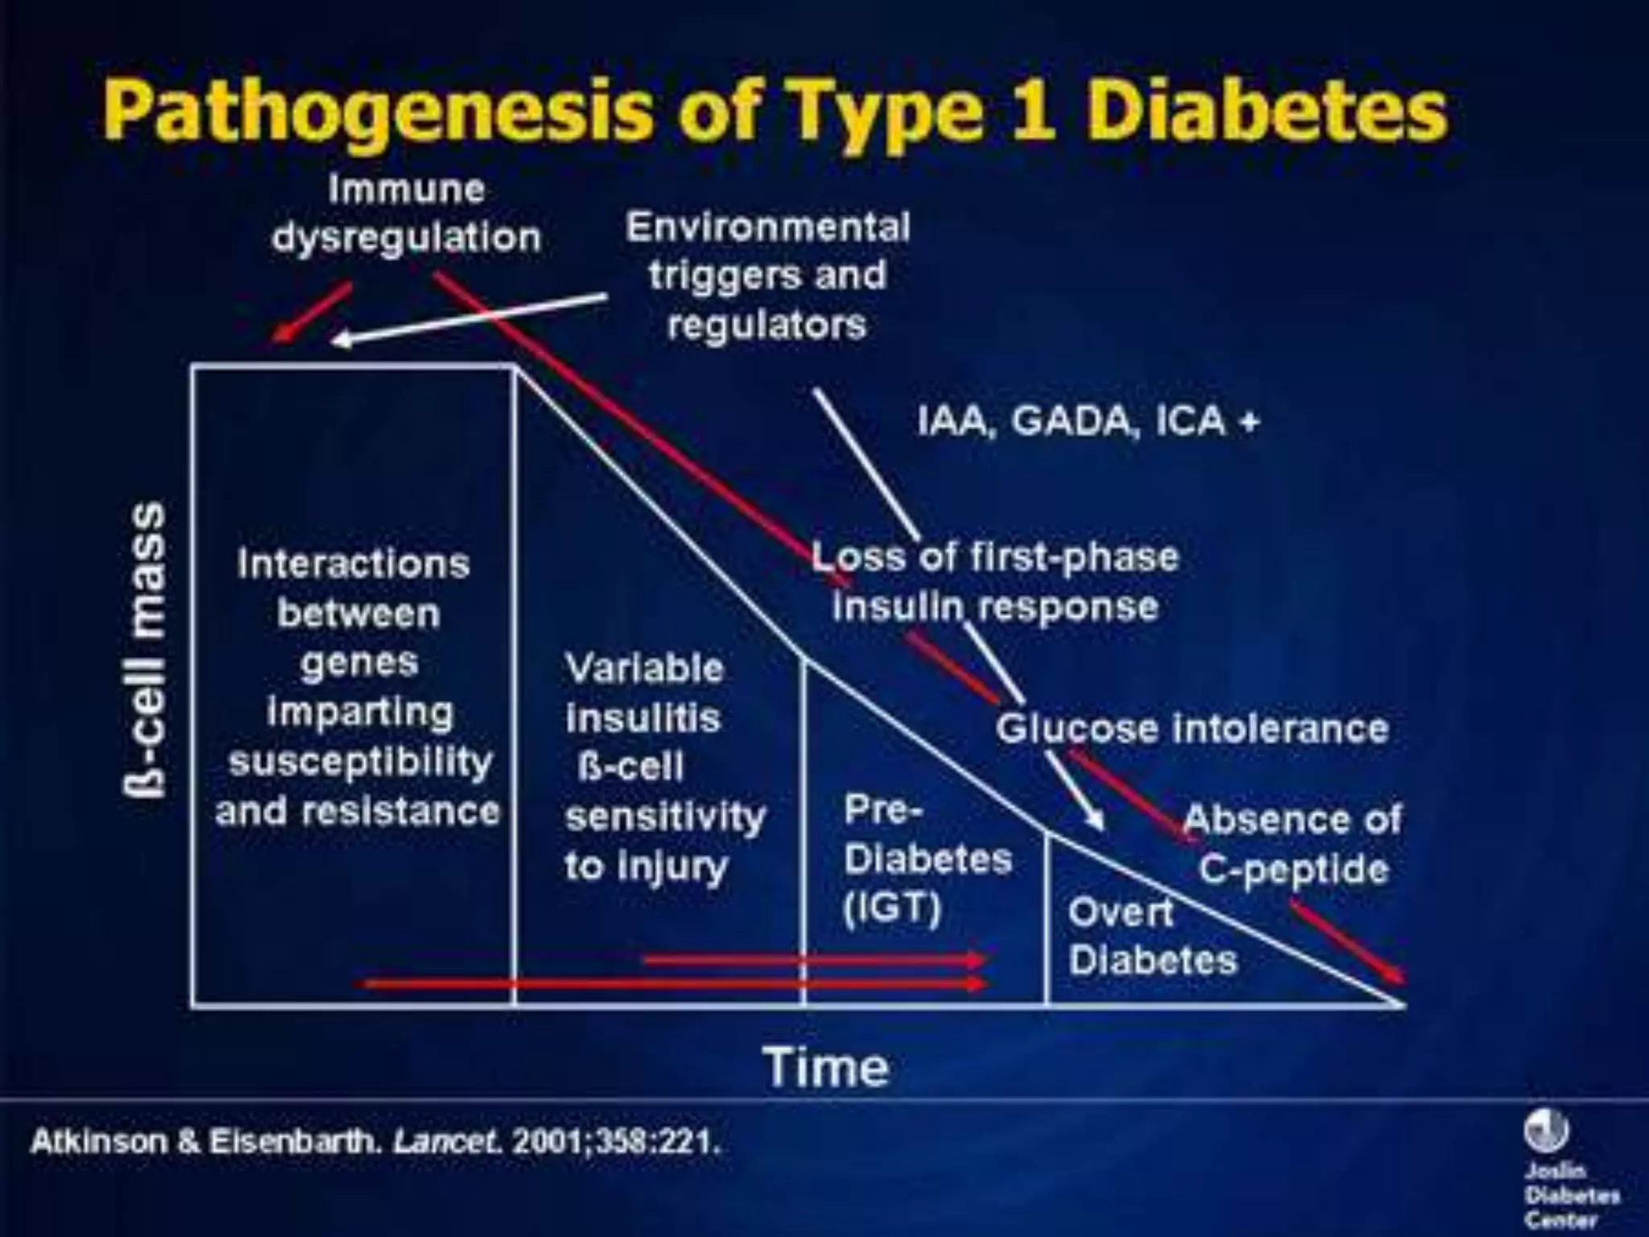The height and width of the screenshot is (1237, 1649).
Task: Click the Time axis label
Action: point(827,1066)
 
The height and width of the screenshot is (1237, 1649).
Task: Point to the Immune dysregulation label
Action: point(407,213)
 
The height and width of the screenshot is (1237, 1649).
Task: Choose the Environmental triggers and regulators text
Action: point(768,275)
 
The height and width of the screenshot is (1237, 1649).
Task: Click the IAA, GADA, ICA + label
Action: point(1088,420)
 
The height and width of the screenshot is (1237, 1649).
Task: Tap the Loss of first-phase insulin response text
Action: point(995,581)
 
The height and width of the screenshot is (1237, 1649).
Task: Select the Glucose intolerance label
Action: point(1192,729)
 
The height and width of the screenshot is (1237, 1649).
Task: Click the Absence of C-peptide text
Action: point(1293,843)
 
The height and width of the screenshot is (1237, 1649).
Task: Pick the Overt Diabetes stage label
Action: point(1151,936)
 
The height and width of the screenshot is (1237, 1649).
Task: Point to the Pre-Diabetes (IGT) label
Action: point(927,858)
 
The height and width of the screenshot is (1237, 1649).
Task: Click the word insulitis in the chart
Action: point(643,718)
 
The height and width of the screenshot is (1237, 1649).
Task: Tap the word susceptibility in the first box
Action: point(360,761)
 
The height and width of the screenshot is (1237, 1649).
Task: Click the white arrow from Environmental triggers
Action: point(467,319)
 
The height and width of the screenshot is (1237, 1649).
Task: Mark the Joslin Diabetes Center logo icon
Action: point(1545,1132)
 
